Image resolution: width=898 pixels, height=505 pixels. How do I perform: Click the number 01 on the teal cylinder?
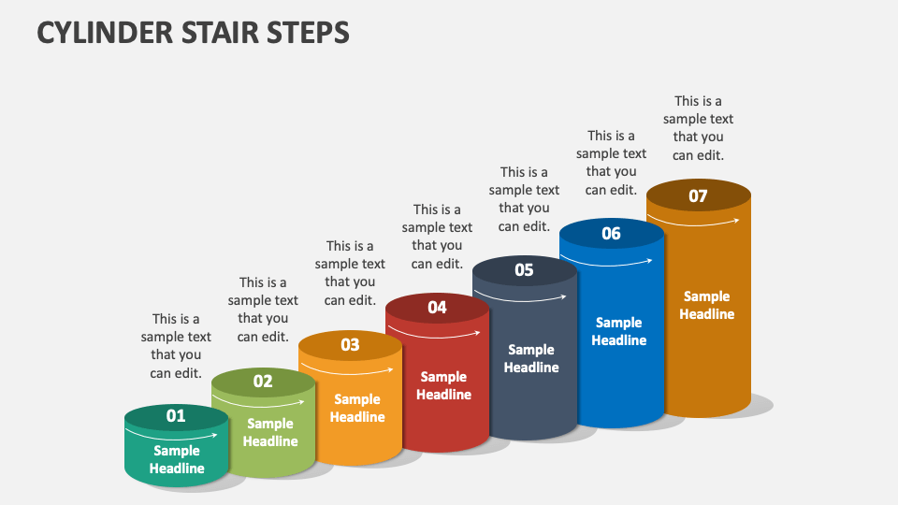pyautogui.click(x=176, y=416)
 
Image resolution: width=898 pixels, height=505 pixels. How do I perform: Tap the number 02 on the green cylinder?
pyautogui.click(x=263, y=381)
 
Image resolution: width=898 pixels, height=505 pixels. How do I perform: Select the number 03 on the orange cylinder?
pyautogui.click(x=350, y=344)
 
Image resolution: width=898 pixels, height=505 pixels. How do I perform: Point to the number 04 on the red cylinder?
pyautogui.click(x=437, y=307)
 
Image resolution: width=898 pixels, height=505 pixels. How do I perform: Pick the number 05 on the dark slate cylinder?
pyautogui.click(x=524, y=270)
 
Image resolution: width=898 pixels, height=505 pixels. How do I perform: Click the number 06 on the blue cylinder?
pyautogui.click(x=611, y=233)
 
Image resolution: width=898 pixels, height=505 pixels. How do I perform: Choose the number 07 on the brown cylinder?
pyautogui.click(x=698, y=195)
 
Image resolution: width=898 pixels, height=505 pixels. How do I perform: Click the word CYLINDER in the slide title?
pyautogui.click(x=103, y=33)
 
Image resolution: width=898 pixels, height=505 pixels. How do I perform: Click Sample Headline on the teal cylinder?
pyautogui.click(x=177, y=459)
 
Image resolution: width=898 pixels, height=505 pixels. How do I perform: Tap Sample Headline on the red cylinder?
pyautogui.click(x=443, y=385)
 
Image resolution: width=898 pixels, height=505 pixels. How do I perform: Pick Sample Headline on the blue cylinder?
pyautogui.click(x=618, y=331)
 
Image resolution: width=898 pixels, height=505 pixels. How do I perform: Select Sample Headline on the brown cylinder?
pyautogui.click(x=706, y=305)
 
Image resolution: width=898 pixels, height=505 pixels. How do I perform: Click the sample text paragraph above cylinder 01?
pyautogui.click(x=176, y=346)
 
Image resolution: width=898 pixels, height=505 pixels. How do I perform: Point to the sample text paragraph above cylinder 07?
pyautogui.click(x=698, y=128)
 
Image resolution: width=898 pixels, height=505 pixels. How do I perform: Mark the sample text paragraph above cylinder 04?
pyautogui.click(x=437, y=237)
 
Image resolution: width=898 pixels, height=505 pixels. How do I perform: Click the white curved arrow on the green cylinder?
pyautogui.click(x=264, y=400)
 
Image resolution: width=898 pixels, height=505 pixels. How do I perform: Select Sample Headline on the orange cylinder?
pyautogui.click(x=357, y=409)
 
